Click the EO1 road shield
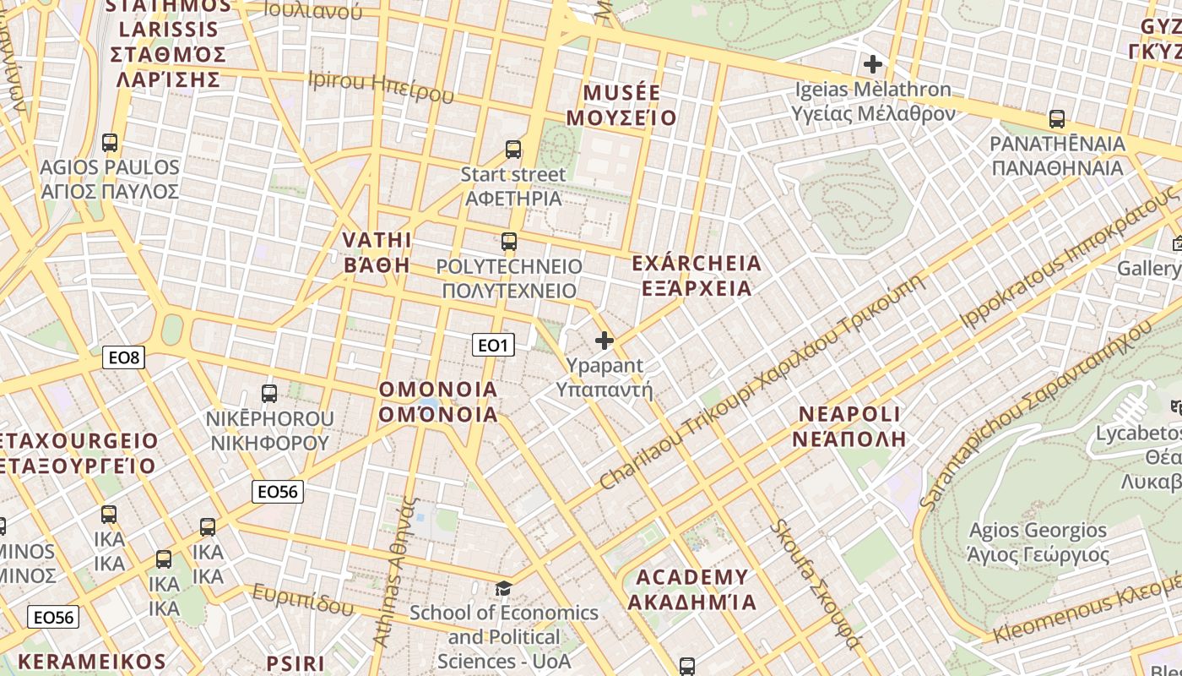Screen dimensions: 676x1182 click(493, 345)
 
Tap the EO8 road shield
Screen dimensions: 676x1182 click(124, 357)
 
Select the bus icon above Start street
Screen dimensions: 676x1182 click(512, 150)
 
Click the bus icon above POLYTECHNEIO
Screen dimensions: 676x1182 click(508, 242)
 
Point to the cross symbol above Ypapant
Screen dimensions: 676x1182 click(605, 341)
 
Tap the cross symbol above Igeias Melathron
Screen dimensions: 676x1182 click(873, 63)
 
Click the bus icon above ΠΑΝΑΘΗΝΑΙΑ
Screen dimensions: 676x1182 click(1056, 119)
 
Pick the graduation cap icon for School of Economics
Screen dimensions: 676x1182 click(503, 588)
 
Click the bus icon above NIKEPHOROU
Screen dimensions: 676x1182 click(269, 394)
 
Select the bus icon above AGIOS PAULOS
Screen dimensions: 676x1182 click(109, 143)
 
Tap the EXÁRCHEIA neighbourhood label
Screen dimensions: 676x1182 click(696, 276)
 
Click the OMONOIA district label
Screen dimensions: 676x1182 click(438, 401)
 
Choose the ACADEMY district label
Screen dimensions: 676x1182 click(691, 590)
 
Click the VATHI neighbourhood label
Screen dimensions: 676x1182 click(377, 252)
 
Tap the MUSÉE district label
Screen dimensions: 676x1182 click(621, 105)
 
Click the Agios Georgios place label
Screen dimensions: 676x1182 click(1038, 542)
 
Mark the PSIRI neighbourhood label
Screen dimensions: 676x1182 click(295, 663)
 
